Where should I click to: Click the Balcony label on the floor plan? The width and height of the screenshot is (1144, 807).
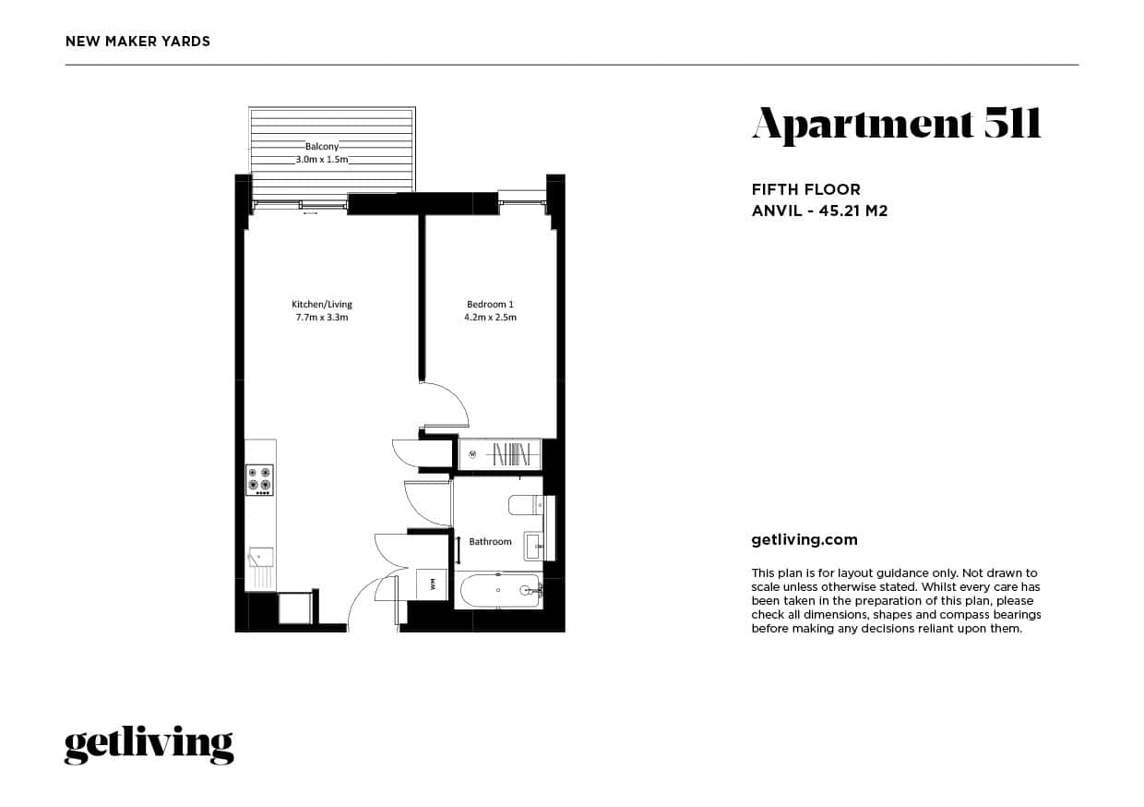tap(322, 146)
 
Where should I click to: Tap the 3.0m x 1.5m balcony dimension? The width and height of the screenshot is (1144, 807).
tap(322, 159)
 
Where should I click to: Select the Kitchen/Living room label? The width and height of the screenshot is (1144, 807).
tap(322, 304)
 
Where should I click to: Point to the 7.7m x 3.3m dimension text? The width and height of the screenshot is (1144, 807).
tap(322, 317)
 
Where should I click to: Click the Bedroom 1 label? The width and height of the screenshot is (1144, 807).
tap(490, 304)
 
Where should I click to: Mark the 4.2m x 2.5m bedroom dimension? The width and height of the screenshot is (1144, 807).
tap(490, 317)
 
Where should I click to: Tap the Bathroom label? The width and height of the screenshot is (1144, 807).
tap(490, 541)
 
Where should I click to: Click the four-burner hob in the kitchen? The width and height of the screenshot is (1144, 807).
tap(259, 480)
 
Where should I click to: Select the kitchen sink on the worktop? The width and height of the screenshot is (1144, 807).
tap(261, 557)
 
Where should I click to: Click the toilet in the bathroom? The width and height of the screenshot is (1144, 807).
tap(526, 505)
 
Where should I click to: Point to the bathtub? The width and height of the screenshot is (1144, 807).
tap(499, 591)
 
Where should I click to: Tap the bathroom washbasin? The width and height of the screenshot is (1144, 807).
tap(535, 546)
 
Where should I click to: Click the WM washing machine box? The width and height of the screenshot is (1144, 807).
tap(432, 584)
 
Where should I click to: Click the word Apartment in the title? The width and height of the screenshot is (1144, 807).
tap(863, 125)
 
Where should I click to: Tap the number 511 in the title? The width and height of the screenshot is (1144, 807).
tap(1012, 123)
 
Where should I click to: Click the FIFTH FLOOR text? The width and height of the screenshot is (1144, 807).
tap(806, 189)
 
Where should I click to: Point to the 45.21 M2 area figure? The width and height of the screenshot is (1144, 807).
tap(853, 211)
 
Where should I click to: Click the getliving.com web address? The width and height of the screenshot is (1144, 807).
tap(804, 540)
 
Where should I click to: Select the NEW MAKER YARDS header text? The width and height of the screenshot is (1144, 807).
tap(137, 42)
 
